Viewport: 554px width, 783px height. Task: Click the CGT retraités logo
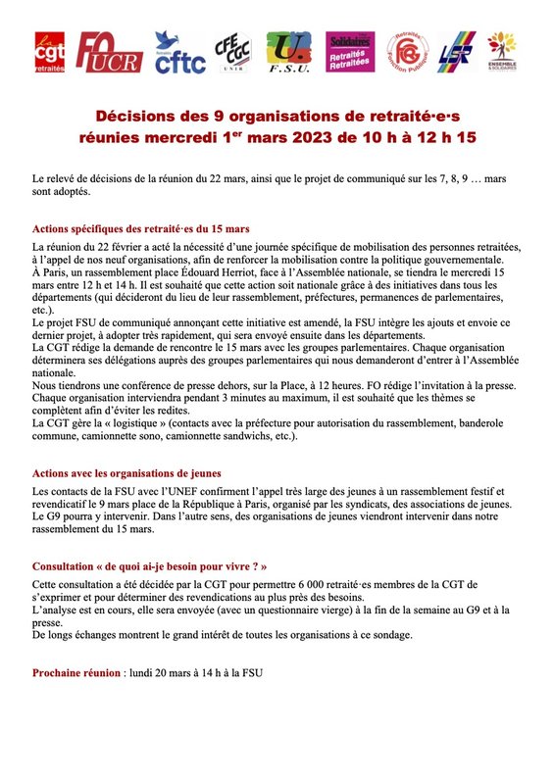(50, 53)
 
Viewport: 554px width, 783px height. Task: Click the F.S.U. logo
(287, 53)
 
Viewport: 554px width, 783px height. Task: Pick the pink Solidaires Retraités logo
(350, 53)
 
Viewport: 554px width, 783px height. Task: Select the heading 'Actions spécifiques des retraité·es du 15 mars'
(140, 228)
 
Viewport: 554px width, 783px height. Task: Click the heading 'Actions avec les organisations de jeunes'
(126, 473)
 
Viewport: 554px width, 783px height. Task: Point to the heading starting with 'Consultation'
(148, 566)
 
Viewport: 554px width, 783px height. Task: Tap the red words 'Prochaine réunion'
(76, 674)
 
